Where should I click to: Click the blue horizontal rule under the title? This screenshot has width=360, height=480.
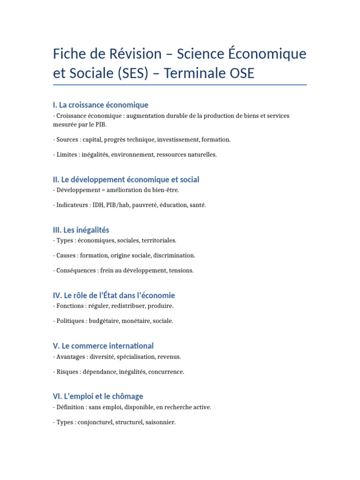pyautogui.click(x=180, y=85)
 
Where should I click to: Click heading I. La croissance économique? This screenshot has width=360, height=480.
pyautogui.click(x=101, y=105)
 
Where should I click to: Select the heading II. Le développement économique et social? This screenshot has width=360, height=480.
pyautogui.click(x=126, y=180)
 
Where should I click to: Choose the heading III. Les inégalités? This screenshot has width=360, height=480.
pyautogui.click(x=81, y=230)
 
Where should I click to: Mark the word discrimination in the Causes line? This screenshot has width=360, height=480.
pyautogui.click(x=174, y=255)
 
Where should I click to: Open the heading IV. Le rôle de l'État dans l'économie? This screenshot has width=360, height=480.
pyautogui.click(x=114, y=295)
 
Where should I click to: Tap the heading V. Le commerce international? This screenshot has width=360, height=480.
pyautogui.click(x=103, y=346)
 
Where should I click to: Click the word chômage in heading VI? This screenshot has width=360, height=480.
pyautogui.click(x=127, y=396)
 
